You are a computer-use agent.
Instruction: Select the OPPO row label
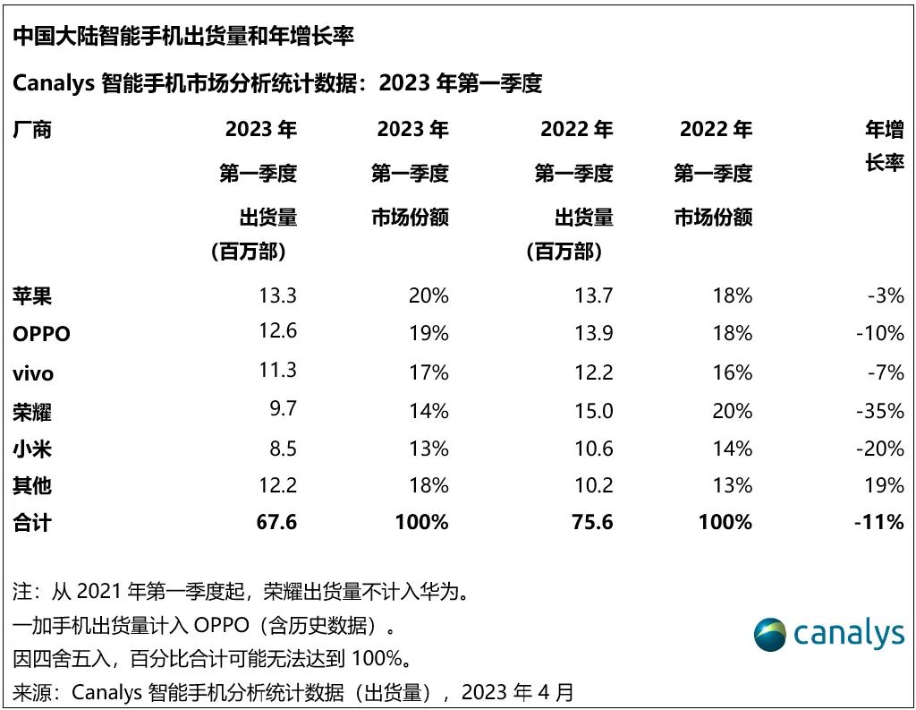pyautogui.click(x=42, y=334)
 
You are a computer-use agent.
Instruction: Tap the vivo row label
pyautogui.click(x=33, y=372)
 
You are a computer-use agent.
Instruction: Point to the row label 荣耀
pyautogui.click(x=32, y=411)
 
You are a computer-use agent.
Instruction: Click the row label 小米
pyautogui.click(x=32, y=449)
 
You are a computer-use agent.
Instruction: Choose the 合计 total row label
pyautogui.click(x=32, y=522)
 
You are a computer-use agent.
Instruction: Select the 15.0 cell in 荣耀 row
pyautogui.click(x=594, y=410)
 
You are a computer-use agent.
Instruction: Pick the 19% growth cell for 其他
pyautogui.click(x=884, y=485)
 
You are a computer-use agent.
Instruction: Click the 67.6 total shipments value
pyautogui.click(x=276, y=522)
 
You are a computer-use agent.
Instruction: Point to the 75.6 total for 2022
pyautogui.click(x=592, y=522)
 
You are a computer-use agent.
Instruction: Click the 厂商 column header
pyautogui.click(x=32, y=130)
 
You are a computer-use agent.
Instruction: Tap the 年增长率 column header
pyautogui.click(x=884, y=147)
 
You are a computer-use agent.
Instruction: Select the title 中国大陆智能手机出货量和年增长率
pyautogui.click(x=183, y=37)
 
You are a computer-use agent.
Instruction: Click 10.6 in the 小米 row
pyautogui.click(x=594, y=448)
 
